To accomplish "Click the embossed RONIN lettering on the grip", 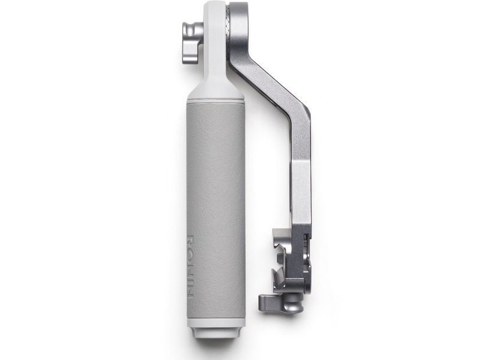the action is click(190, 266).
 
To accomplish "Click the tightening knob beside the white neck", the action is click(192, 43).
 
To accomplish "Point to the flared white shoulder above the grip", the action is click(215, 89).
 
